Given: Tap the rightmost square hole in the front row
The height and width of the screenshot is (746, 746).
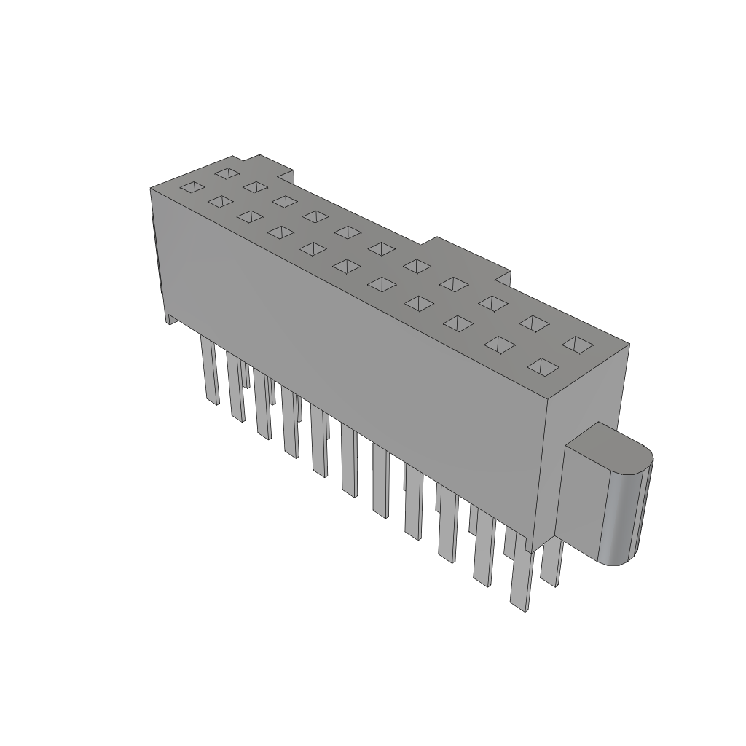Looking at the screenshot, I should click(x=544, y=366).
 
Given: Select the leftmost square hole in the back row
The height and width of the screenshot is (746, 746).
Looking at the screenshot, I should click(x=227, y=173).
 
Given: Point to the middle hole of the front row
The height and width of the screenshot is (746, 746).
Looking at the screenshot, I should click(x=345, y=266).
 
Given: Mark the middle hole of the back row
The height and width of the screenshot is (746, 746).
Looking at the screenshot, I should click(x=381, y=248).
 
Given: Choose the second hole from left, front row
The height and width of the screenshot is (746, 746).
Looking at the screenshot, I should click(x=219, y=201).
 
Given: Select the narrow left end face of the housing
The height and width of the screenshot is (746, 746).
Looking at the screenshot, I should click(x=157, y=255).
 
